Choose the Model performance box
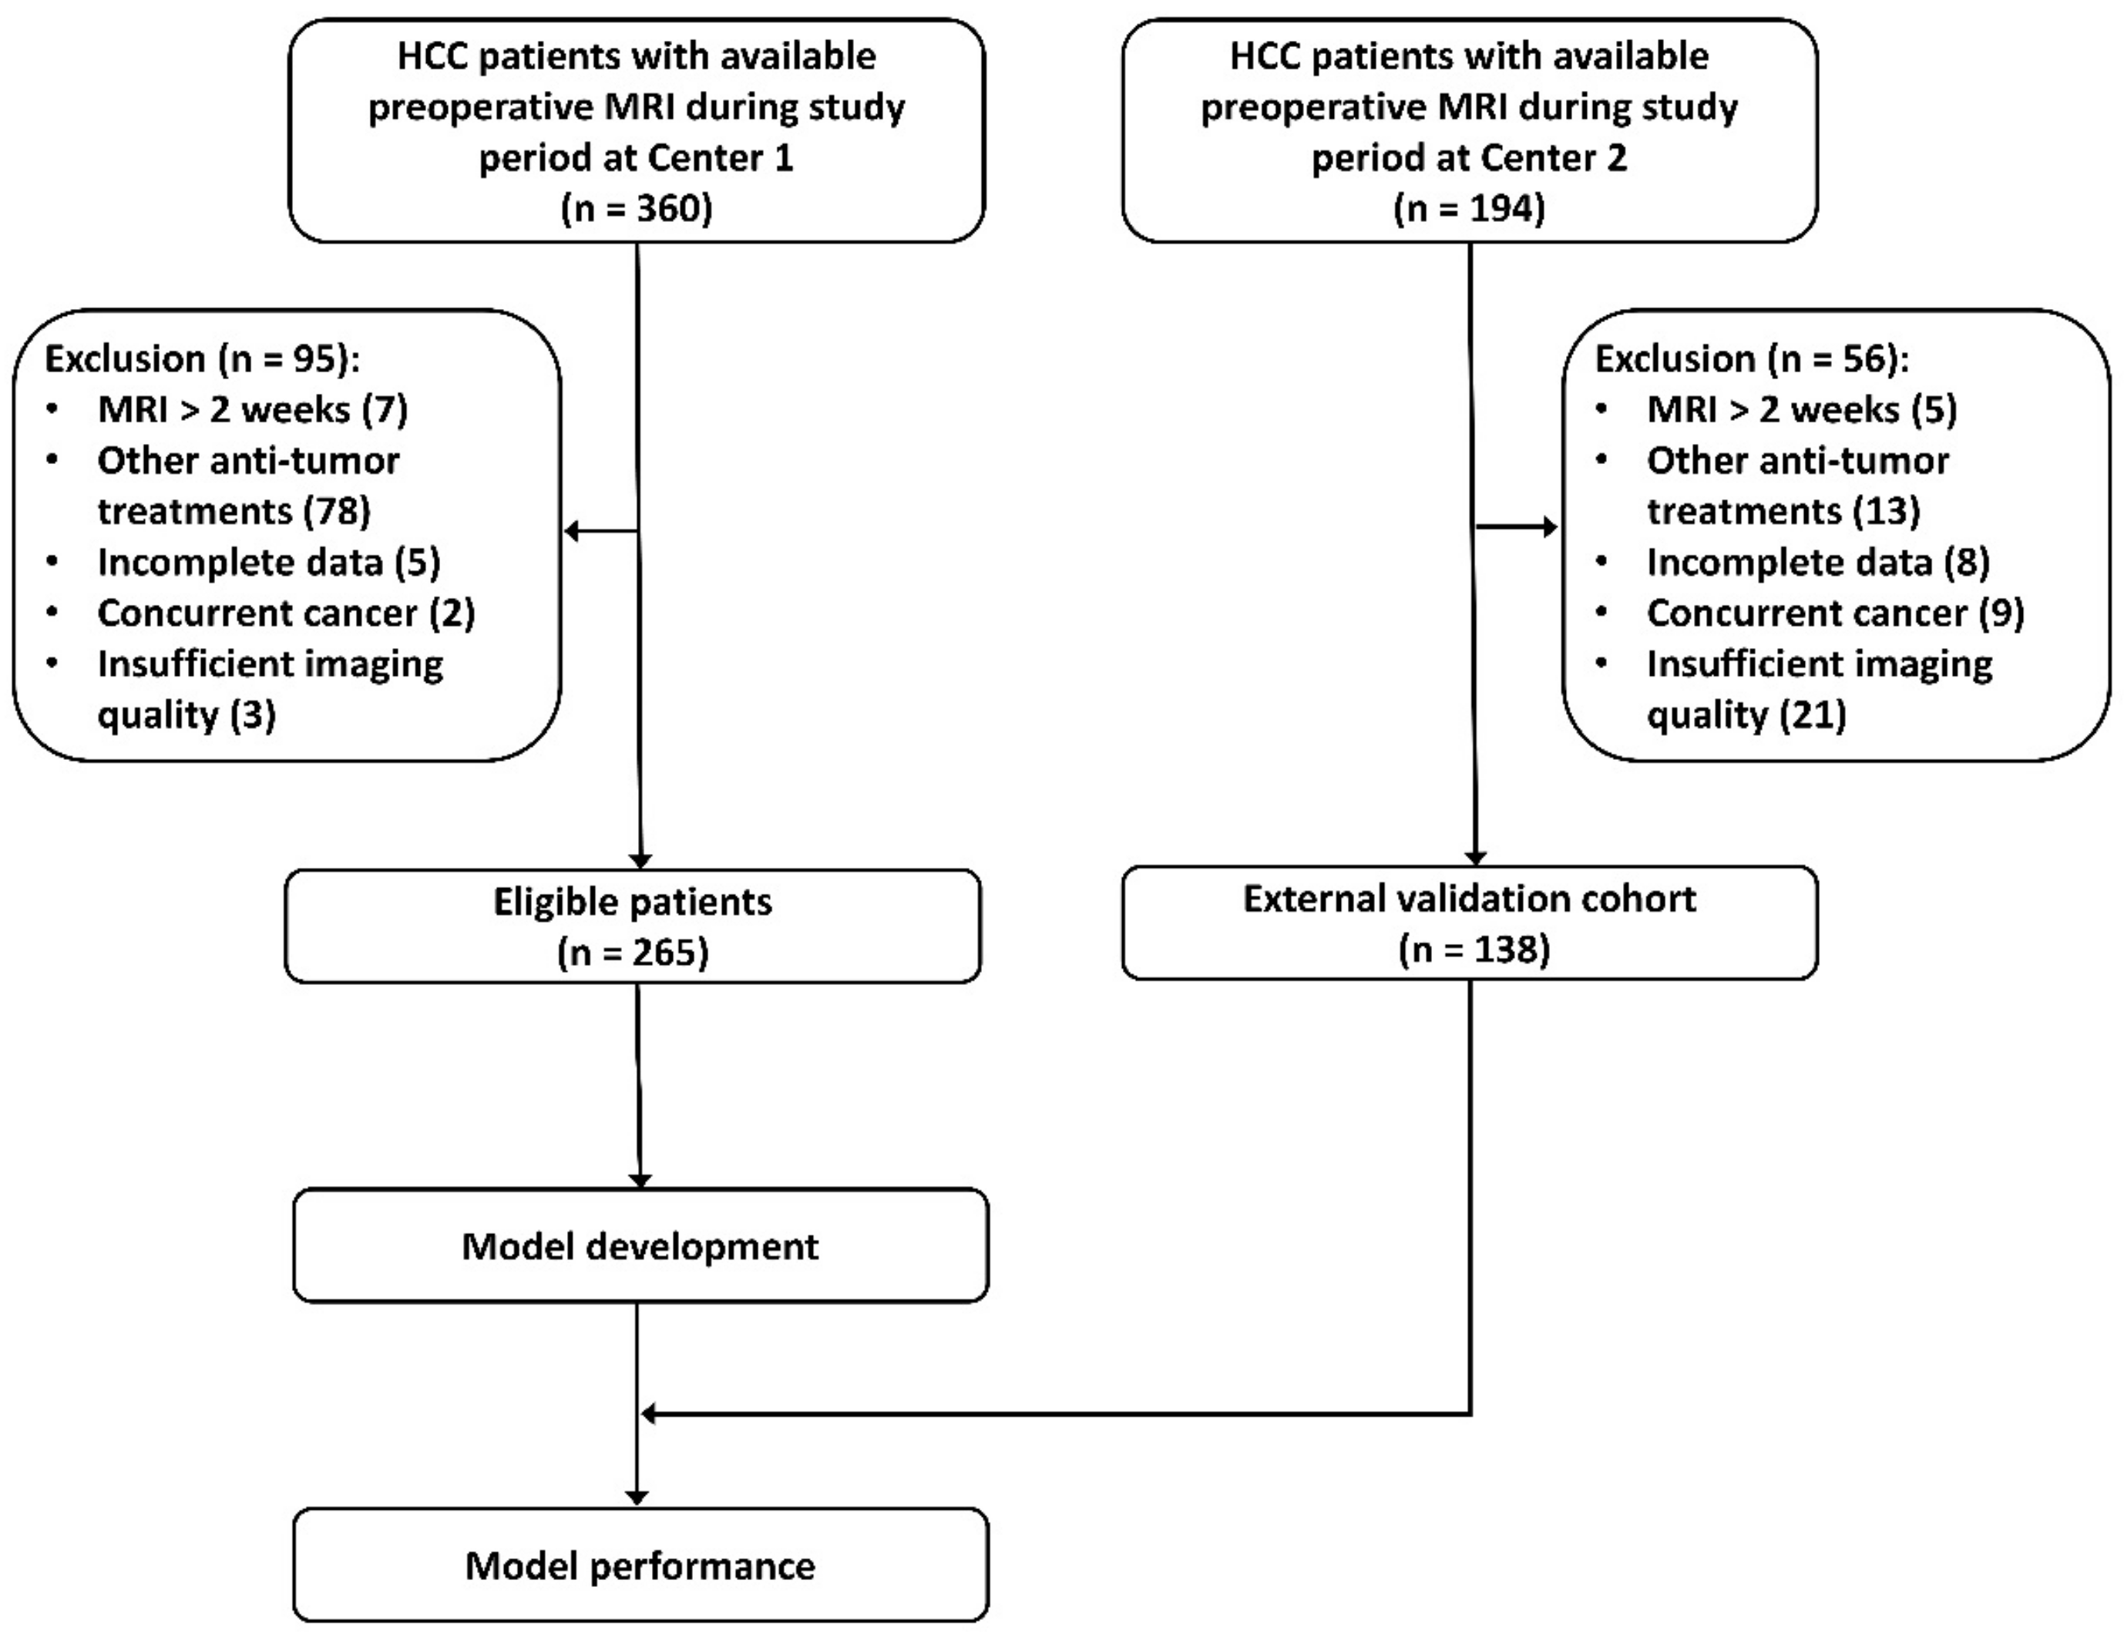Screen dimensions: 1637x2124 (x=640, y=1565)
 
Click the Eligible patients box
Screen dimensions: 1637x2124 (x=632, y=925)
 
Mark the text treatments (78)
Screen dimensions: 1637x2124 (x=234, y=511)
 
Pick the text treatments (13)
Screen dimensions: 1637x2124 (x=1783, y=511)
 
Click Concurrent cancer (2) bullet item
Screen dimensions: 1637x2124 (x=286, y=613)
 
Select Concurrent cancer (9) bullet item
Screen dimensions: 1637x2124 (x=1835, y=613)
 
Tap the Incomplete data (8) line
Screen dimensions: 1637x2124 (x=1817, y=562)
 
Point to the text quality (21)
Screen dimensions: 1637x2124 (x=1746, y=715)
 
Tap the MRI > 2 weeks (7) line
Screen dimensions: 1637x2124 (x=253, y=408)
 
